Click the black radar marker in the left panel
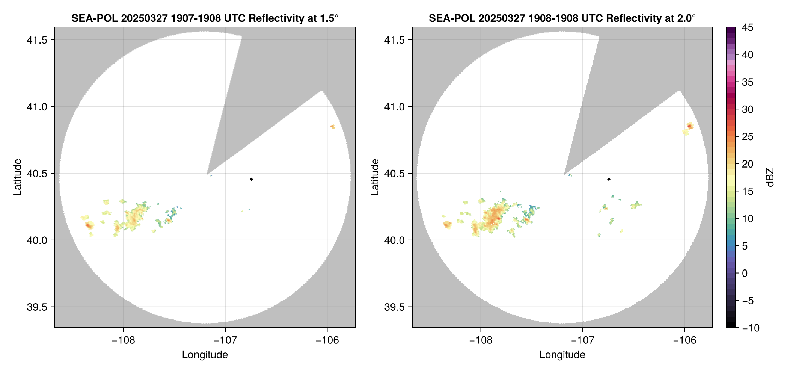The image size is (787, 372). point(251,179)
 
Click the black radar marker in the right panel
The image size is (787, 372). point(609,179)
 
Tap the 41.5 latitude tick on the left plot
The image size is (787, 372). point(37,40)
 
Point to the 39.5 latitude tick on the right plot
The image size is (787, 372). point(394,307)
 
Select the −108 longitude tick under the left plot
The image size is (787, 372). point(124,340)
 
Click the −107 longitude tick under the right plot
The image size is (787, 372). point(583,340)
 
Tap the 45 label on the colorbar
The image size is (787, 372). point(748,27)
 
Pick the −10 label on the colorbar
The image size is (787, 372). point(751,328)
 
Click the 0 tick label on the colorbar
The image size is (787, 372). point(745,274)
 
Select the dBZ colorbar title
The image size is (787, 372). point(770,177)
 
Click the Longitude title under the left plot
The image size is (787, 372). point(205,355)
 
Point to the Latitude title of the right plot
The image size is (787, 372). point(375,177)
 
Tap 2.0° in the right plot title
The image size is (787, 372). point(686,18)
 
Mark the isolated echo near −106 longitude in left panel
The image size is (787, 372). point(332,127)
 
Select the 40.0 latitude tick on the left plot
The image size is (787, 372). point(37,240)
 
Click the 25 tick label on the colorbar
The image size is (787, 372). point(748,137)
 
